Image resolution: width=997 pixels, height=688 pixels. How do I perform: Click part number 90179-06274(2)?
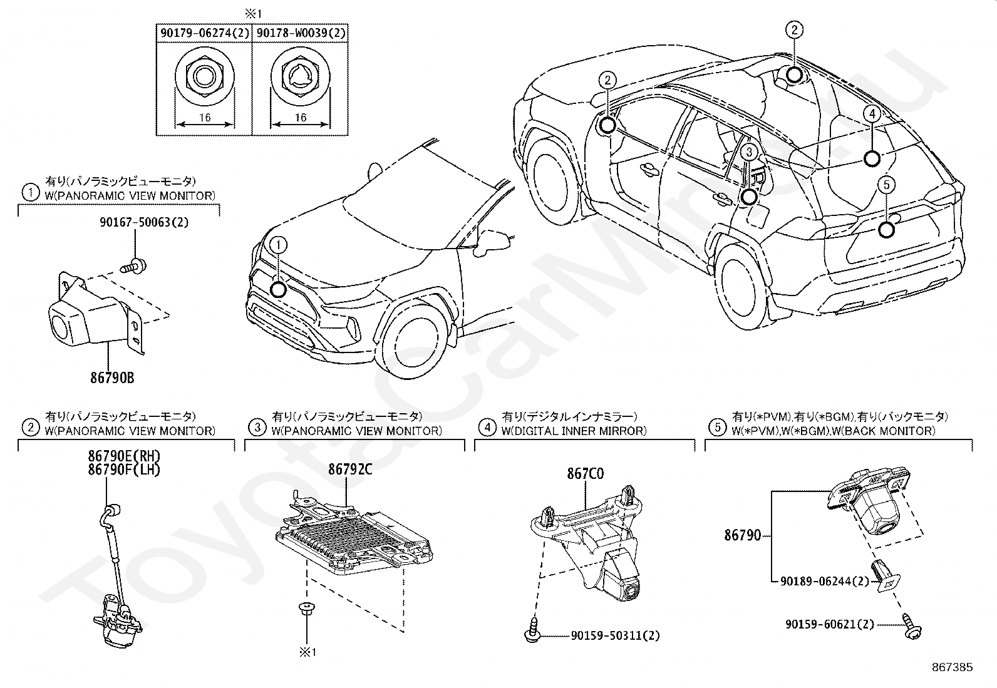[x=204, y=34]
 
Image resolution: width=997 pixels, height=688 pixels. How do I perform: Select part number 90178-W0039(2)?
[x=300, y=34]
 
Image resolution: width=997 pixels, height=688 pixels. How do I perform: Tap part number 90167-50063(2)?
[x=135, y=222]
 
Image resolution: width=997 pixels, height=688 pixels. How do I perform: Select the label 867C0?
[x=586, y=474]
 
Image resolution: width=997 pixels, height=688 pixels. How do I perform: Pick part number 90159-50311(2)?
[x=615, y=635]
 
